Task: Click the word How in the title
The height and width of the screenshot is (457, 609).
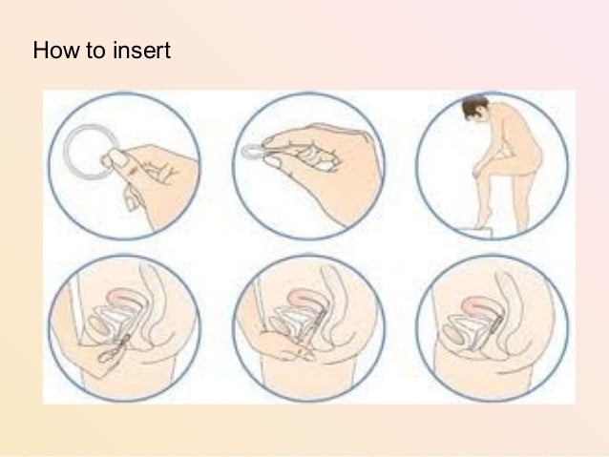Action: (x=56, y=50)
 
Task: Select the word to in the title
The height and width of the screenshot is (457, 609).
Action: (x=96, y=51)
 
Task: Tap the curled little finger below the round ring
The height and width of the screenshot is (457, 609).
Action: (x=132, y=200)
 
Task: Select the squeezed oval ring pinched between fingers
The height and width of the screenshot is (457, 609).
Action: (x=253, y=152)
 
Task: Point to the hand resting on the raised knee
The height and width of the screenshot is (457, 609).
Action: (x=479, y=167)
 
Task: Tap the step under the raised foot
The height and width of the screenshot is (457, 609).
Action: (x=476, y=232)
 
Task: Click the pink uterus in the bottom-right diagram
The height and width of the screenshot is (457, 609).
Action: (x=479, y=305)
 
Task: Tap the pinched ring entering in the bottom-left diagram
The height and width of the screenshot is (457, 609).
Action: (x=115, y=349)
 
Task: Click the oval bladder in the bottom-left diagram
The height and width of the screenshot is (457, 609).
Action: (x=98, y=325)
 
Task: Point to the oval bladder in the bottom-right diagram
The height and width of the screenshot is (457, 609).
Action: (x=454, y=335)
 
